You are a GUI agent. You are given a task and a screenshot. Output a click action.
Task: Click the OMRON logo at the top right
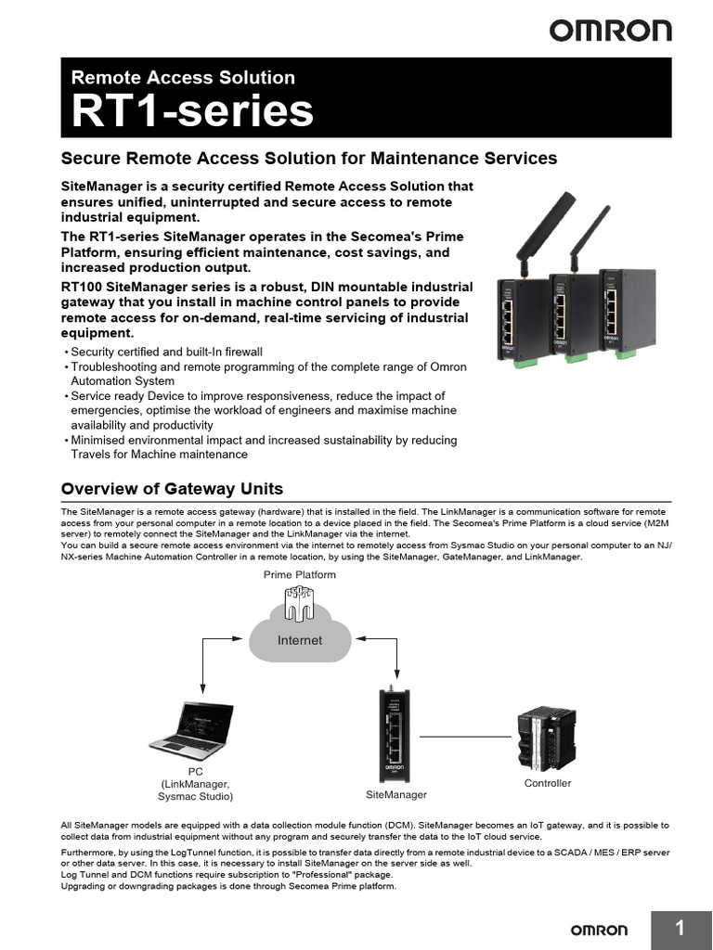tap(610, 31)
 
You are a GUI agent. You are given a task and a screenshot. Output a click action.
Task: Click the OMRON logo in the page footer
tap(598, 930)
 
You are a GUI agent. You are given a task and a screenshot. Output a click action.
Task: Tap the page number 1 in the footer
tap(680, 929)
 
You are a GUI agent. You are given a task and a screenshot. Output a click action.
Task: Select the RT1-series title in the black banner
tap(193, 112)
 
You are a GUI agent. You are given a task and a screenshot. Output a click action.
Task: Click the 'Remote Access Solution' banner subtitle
tap(183, 78)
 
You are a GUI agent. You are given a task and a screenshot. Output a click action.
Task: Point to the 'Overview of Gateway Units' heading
tap(172, 489)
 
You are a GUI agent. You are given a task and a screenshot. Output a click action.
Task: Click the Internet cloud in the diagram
tap(300, 633)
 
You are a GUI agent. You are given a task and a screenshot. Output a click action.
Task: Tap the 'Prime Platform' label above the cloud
tap(300, 575)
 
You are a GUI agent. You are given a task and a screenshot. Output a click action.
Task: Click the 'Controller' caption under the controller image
tap(548, 784)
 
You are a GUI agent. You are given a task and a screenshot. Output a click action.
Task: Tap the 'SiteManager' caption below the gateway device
tap(396, 795)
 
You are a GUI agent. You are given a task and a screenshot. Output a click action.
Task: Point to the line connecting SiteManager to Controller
tap(465, 737)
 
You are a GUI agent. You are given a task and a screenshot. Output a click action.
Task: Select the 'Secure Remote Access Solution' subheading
tap(308, 158)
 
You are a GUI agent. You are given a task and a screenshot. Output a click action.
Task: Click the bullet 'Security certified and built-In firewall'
tap(167, 352)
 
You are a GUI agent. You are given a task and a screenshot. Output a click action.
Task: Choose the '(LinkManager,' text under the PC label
tap(195, 784)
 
